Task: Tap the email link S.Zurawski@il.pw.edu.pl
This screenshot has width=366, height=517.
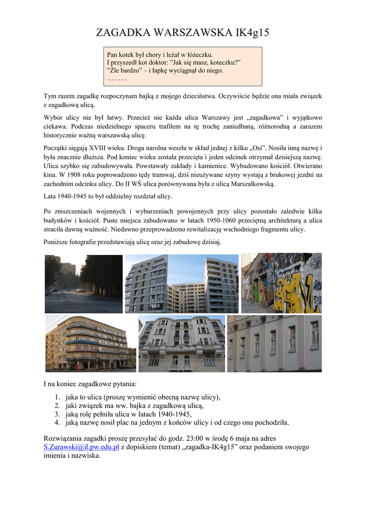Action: tap(81, 447)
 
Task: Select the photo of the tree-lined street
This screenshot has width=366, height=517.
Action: tap(83, 284)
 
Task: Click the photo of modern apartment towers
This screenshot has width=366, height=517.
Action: tap(181, 284)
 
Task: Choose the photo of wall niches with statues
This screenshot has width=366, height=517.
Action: tap(274, 344)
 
